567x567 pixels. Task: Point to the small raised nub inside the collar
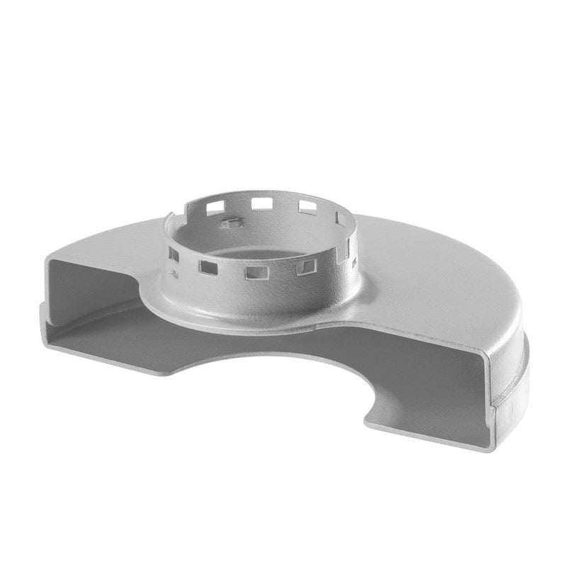point(228,225)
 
